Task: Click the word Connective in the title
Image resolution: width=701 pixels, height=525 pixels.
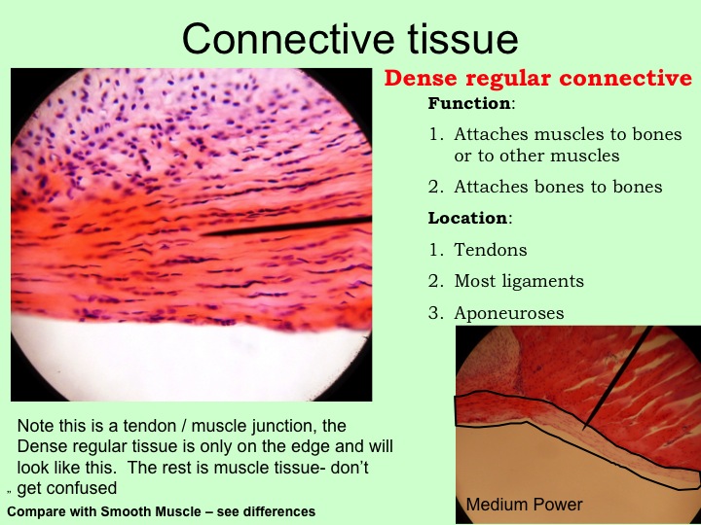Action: [x=288, y=39]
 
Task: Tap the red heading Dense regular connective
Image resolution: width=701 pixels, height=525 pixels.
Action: [x=538, y=78]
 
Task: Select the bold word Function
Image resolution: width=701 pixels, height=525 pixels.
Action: [x=469, y=104]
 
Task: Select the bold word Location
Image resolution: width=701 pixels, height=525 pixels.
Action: [x=467, y=219]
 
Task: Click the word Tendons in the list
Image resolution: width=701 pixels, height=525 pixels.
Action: [x=491, y=250]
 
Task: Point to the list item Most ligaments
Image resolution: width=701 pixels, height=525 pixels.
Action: [x=519, y=281]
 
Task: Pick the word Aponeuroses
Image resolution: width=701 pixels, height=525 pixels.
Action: [x=509, y=313]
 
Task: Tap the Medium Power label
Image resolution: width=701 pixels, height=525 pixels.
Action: [x=525, y=505]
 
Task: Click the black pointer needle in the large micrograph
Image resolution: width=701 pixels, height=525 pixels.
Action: [x=286, y=227]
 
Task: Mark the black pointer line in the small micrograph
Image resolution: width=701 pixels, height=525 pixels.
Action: [x=617, y=378]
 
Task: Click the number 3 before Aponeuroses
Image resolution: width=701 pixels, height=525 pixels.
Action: [x=434, y=313]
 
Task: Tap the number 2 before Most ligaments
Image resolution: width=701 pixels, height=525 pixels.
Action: [x=434, y=281]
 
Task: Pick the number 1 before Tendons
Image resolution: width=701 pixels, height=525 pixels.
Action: [x=434, y=250]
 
